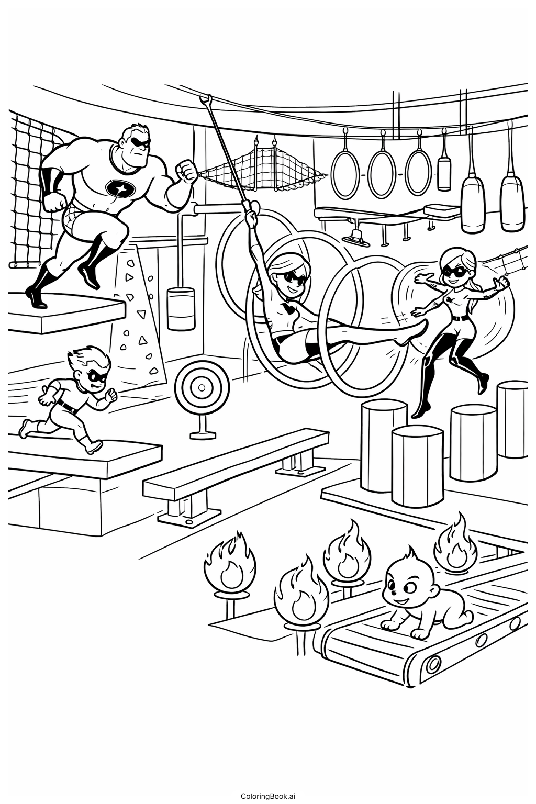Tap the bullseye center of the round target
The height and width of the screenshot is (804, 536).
coord(202,387)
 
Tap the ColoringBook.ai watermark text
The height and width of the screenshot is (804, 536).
coord(268,796)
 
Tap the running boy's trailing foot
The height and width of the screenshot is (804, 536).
coord(24,429)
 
